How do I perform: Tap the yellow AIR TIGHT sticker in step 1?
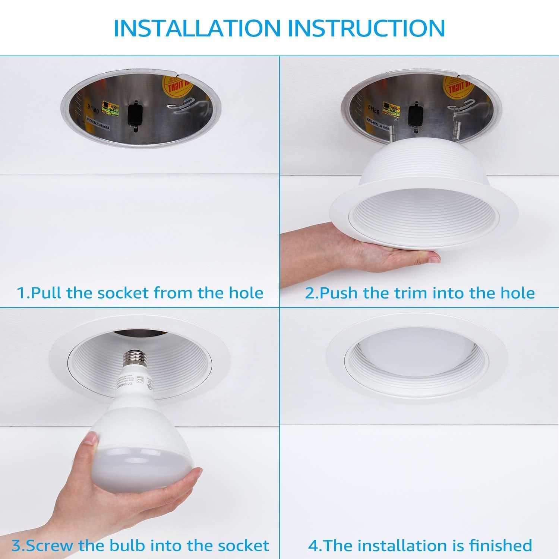click(176, 88)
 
